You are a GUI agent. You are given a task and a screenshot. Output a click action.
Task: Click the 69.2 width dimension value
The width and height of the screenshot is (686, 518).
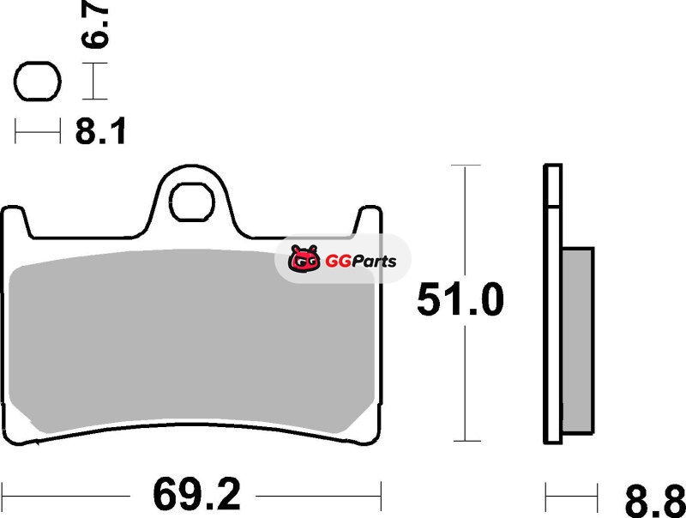[197, 495]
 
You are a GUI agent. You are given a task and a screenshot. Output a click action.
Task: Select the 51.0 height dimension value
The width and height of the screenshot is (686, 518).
[460, 299]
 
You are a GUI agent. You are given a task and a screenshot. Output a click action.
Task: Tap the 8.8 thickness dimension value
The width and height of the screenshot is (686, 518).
[655, 502]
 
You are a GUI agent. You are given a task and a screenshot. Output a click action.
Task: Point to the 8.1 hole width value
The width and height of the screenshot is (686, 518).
[100, 131]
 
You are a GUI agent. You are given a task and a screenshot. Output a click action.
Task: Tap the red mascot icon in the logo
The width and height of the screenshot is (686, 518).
[304, 258]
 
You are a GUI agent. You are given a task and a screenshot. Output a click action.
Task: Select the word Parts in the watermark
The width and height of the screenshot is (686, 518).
[374, 262]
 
